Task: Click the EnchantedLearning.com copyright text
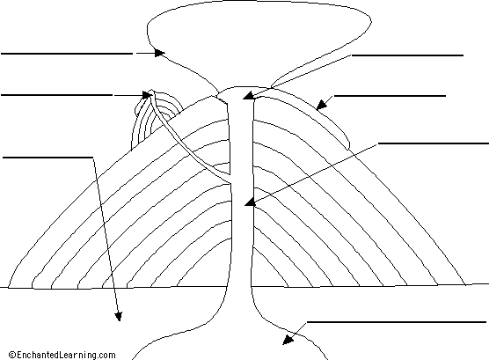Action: pos(62,355)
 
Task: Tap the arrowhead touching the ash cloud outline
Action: pos(160,53)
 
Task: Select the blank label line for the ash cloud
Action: pos(67,54)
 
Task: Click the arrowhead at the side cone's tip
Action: pos(147,94)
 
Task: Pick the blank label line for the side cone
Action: pos(57,95)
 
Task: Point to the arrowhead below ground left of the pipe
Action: pos(119,316)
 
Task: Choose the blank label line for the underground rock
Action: pos(47,158)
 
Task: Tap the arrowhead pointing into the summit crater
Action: pos(248,96)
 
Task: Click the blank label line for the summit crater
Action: pos(407,55)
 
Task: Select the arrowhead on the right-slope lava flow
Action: pos(322,106)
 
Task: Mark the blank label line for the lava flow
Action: pos(390,96)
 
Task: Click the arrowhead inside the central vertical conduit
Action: pos(250,202)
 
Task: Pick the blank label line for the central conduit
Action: pos(434,143)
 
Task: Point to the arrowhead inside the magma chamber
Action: pos(288,340)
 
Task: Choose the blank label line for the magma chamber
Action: pos(397,322)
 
